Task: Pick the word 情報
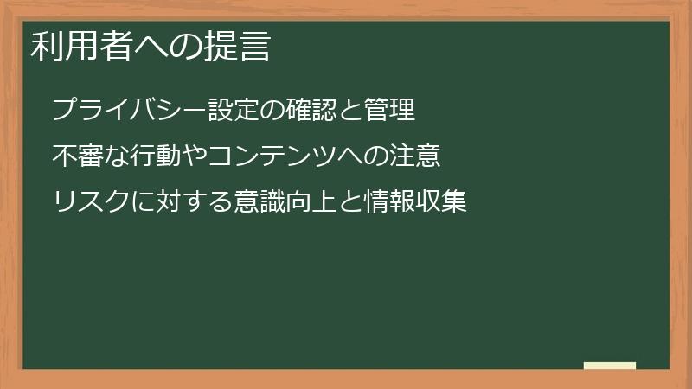point(390,202)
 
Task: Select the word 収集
point(442,202)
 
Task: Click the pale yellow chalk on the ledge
point(610,366)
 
